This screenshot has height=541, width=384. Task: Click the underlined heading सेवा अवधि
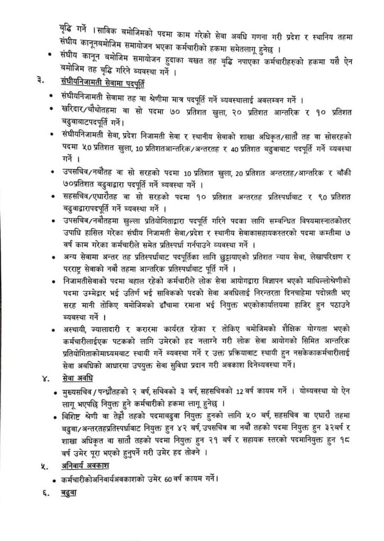[x=77, y=378]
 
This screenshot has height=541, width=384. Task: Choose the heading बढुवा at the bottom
[x=67, y=493]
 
